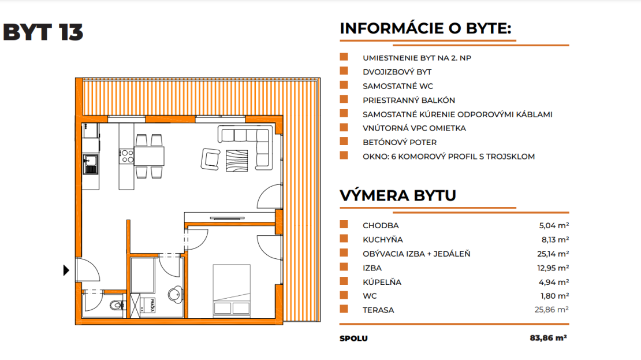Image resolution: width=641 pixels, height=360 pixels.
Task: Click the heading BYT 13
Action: point(43,32)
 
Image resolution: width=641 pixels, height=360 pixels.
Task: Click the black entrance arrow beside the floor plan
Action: point(66,270)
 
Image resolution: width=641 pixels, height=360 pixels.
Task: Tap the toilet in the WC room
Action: point(118,305)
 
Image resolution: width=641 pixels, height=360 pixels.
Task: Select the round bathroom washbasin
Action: point(176,294)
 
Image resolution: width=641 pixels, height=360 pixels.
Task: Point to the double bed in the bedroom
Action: point(232,290)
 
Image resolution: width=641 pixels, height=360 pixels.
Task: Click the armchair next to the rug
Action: point(210,159)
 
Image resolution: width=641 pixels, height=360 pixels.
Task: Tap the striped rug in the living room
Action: point(237,161)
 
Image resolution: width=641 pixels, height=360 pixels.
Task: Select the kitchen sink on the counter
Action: point(91,164)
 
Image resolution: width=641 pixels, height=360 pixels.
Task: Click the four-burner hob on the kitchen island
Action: point(126,156)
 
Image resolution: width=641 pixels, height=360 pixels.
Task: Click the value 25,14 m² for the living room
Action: point(553,254)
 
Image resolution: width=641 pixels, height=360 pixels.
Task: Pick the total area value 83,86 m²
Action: point(548,338)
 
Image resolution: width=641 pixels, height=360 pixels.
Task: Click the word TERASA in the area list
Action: point(378,310)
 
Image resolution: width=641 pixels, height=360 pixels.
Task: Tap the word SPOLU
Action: point(353,338)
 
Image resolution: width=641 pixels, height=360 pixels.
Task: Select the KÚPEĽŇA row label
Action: point(382,282)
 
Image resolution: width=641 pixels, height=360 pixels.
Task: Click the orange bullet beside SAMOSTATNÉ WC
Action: point(344,85)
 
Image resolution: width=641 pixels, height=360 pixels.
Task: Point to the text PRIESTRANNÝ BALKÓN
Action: point(409,100)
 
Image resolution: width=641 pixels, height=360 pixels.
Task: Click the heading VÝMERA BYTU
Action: point(398,195)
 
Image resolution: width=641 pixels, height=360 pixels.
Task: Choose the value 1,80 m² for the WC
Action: point(555,296)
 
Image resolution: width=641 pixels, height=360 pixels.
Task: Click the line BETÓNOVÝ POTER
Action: point(400,142)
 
